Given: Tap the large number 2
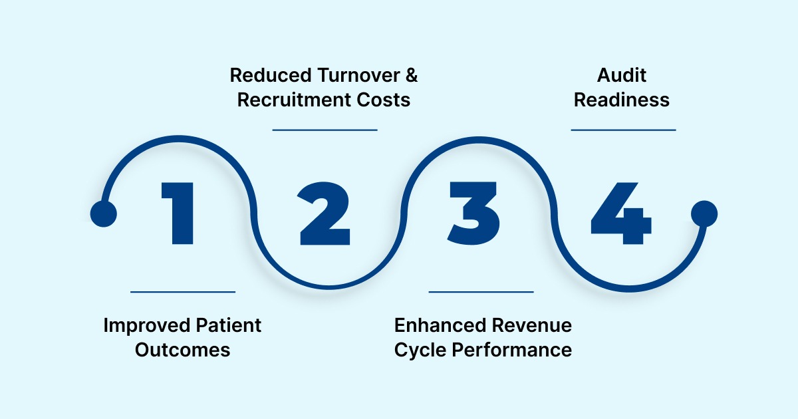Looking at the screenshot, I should [x=325, y=213].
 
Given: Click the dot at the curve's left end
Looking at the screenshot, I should [x=103, y=213].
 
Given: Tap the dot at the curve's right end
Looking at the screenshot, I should [x=704, y=213].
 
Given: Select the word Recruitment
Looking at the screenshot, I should [x=294, y=100].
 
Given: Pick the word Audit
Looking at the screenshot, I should [x=622, y=75].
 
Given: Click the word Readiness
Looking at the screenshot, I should [x=622, y=100].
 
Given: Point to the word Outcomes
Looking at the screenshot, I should [x=182, y=350].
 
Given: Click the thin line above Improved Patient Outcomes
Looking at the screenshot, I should [x=183, y=291].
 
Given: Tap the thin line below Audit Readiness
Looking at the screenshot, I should [x=623, y=130].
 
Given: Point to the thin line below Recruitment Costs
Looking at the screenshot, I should [x=325, y=130].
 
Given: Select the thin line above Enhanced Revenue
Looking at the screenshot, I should [x=481, y=291].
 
